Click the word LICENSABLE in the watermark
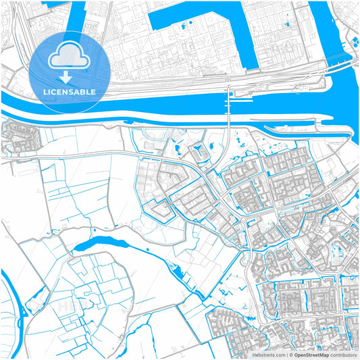[70, 91]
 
